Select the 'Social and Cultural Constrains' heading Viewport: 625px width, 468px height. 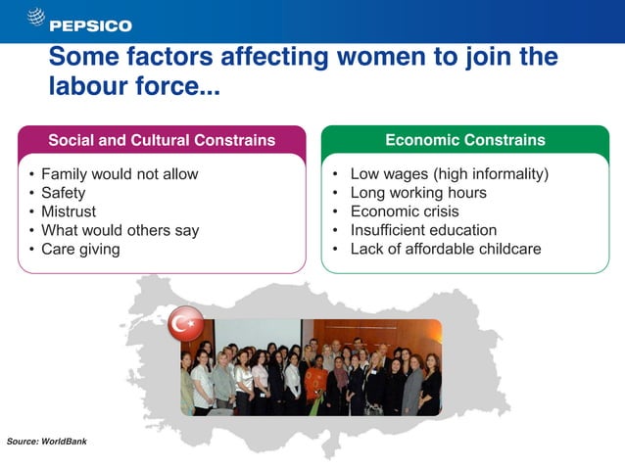tap(162, 140)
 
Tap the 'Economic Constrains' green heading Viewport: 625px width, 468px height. tap(464, 140)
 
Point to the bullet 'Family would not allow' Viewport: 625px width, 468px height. tap(120, 174)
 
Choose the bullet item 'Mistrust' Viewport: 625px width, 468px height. tap(68, 211)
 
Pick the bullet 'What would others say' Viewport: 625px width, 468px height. tap(120, 230)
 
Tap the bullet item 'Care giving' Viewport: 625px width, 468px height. tap(80, 249)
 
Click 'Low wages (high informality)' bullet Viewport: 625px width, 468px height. tap(449, 174)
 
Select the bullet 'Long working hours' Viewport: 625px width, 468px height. tap(418, 193)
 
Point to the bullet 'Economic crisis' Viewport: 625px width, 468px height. tap(405, 211)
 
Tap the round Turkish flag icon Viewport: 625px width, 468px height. tap(185, 324)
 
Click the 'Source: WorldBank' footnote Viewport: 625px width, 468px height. tap(47, 442)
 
